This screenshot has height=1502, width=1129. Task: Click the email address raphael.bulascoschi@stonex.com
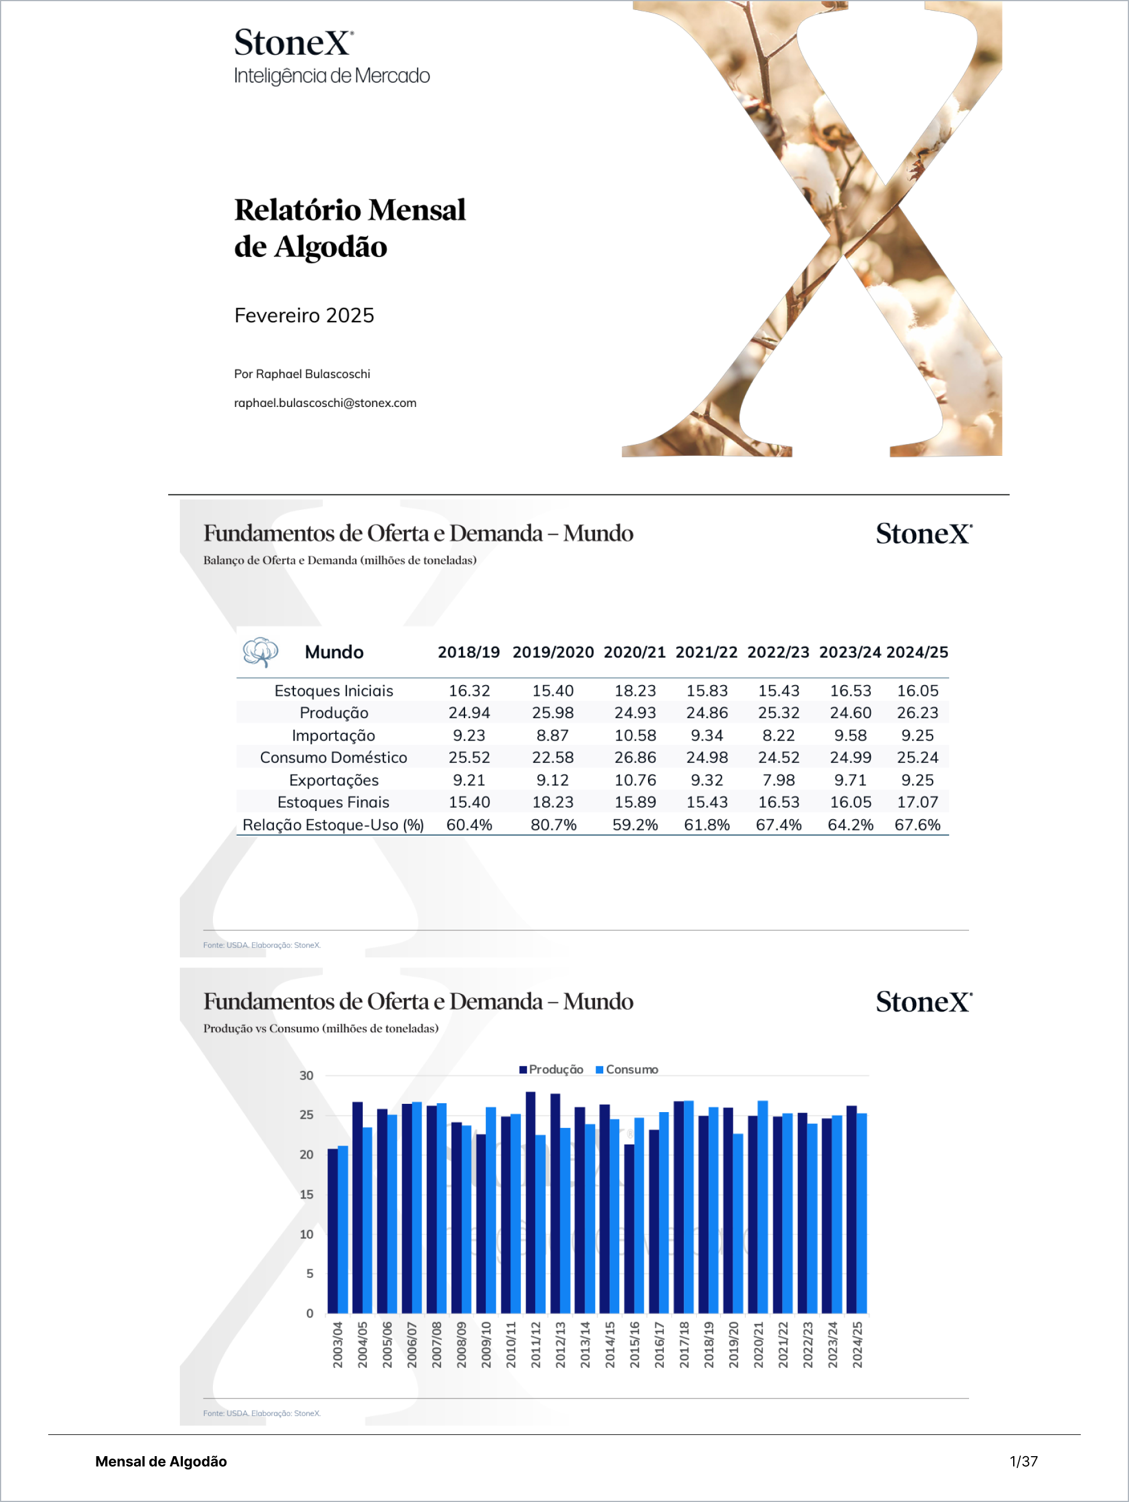coord(325,403)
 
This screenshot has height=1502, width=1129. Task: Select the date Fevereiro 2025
coord(304,315)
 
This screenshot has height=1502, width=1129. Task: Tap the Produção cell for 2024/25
coord(917,713)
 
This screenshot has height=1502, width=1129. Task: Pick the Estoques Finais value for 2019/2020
coord(553,802)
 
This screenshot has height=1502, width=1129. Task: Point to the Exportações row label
coord(333,780)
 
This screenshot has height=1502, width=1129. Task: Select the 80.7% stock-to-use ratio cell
coord(553,825)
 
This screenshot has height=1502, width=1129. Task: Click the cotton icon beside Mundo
coord(260,652)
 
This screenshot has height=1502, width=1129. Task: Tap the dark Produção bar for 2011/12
coord(531,1202)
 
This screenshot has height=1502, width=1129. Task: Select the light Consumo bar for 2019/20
coord(738,1223)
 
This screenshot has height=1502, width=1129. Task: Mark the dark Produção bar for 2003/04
coord(333,1230)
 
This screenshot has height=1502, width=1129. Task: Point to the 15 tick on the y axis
coord(307,1194)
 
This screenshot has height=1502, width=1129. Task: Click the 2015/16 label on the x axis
coord(634,1344)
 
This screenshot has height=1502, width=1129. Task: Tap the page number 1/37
coord(1023,1461)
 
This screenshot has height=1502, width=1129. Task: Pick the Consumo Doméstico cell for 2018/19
coord(469,758)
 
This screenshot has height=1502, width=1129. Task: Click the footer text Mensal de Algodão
coord(161,1461)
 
